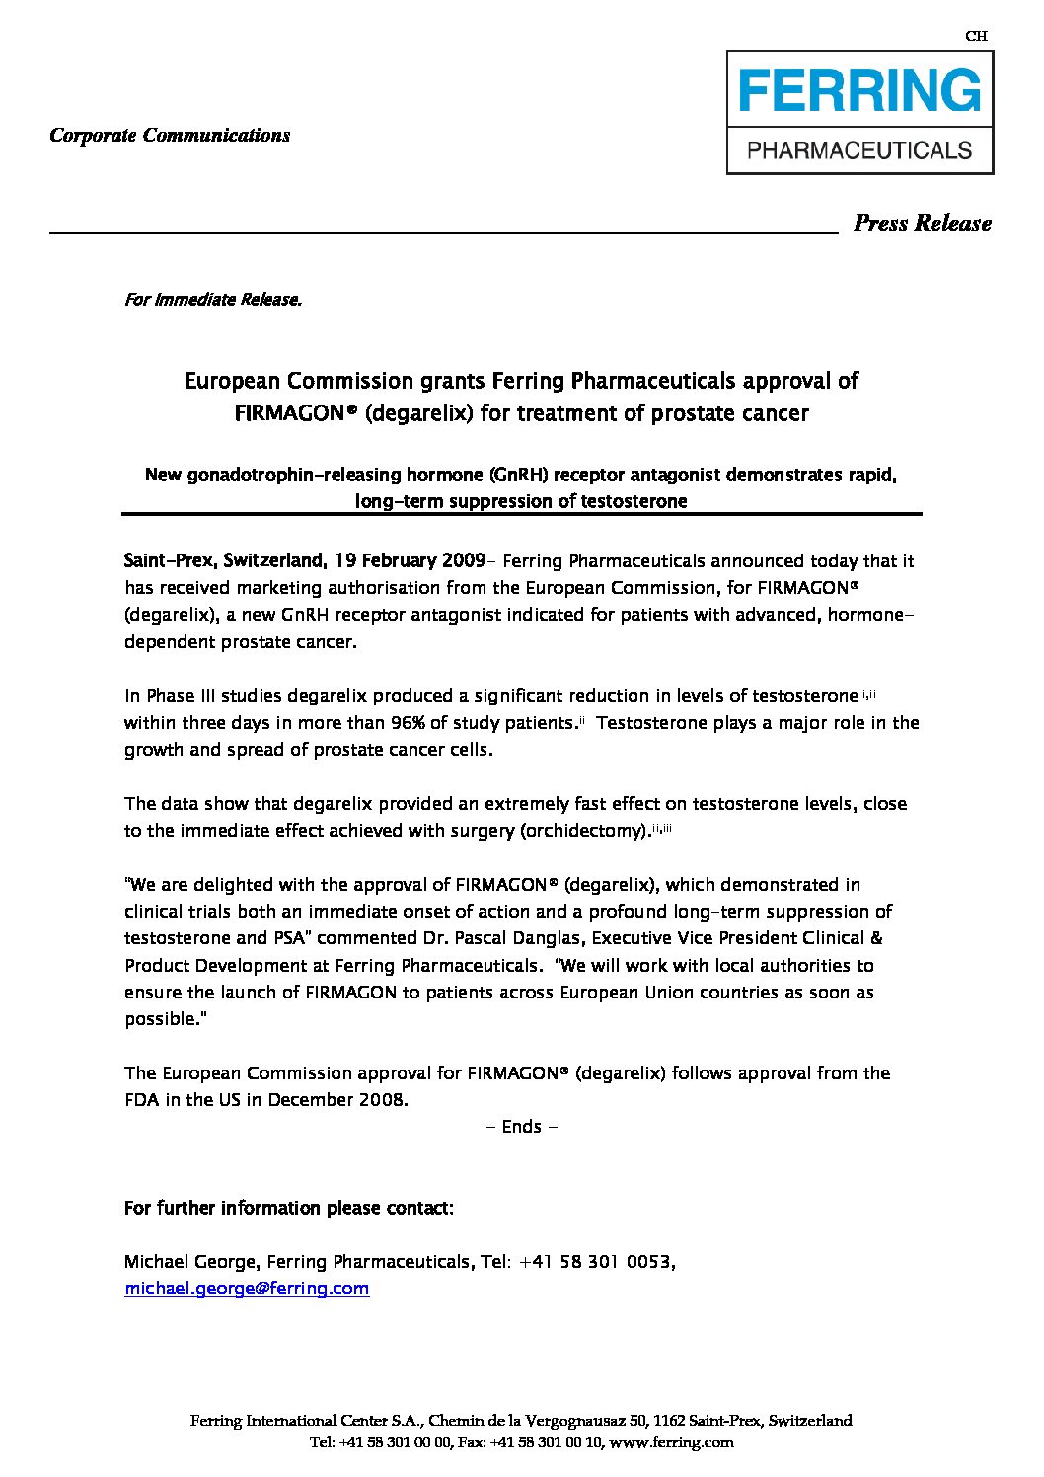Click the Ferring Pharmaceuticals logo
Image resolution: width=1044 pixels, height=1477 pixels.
click(859, 113)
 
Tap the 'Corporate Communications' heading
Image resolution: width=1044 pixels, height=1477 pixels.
click(170, 136)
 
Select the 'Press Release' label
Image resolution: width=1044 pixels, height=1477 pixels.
click(922, 224)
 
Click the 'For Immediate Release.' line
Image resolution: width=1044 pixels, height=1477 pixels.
click(212, 300)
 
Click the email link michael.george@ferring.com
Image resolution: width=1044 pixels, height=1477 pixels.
click(247, 1289)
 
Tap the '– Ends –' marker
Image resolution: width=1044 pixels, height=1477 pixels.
click(523, 1127)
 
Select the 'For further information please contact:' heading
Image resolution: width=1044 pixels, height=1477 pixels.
click(289, 1208)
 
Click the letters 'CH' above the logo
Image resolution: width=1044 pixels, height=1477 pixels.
click(975, 37)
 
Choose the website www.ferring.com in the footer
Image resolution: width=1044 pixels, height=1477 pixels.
click(672, 1442)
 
